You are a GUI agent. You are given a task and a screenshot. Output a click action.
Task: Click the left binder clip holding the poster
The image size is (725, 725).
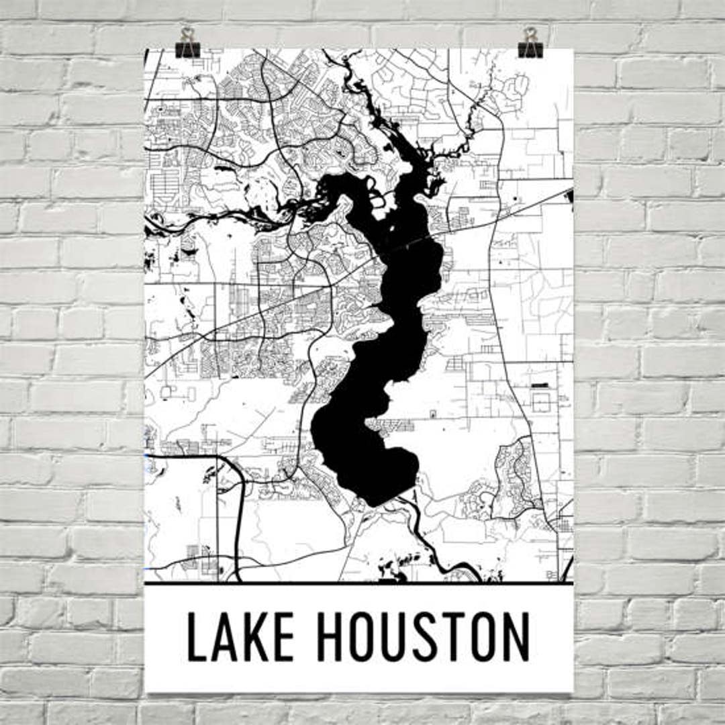tap(187, 43)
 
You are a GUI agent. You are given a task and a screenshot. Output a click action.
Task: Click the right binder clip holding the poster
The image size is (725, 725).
tap(530, 43)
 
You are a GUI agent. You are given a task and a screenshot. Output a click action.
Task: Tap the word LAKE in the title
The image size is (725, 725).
tap(240, 636)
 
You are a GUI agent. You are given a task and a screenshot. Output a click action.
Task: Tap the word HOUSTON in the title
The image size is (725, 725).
tap(423, 636)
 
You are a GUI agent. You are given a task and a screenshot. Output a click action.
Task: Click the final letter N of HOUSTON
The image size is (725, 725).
tap(516, 636)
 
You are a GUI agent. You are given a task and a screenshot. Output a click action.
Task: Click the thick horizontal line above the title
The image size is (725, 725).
tap(358, 583)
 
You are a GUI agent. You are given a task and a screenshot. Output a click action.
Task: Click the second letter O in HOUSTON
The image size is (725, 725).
tap(485, 636)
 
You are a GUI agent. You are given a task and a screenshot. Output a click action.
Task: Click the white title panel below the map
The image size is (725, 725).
tap(358, 671)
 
